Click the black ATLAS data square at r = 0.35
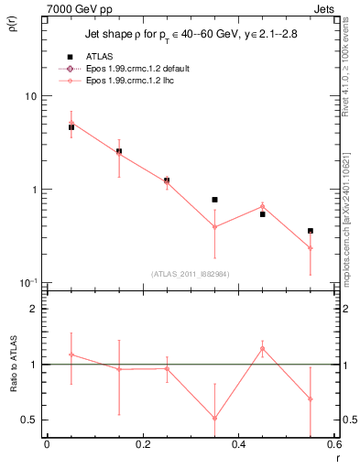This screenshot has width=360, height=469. (214, 200)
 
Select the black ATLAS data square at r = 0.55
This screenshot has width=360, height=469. (311, 231)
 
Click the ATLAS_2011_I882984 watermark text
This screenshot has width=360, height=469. (190, 273)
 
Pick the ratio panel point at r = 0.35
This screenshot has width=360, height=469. (214, 418)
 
